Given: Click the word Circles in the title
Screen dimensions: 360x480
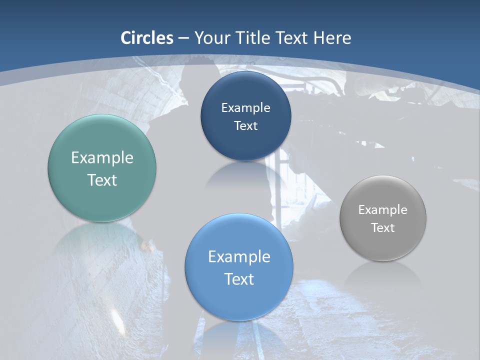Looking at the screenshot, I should pos(147,38).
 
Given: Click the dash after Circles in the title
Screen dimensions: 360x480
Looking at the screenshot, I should pos(183,38).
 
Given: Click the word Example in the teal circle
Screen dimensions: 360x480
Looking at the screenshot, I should pos(102,158).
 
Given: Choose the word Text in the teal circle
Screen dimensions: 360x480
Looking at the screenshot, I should pos(102,180).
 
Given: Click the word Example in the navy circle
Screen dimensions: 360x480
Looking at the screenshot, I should pos(245,108).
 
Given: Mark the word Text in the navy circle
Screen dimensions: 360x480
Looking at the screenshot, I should pos(245,126).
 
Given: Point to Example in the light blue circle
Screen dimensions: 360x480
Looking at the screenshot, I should pos(239,257).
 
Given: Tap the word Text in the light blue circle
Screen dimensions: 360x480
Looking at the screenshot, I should pos(239,279).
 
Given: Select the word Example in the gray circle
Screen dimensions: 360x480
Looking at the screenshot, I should pos(383,210).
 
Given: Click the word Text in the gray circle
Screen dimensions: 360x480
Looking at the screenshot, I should pos(383,228).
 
